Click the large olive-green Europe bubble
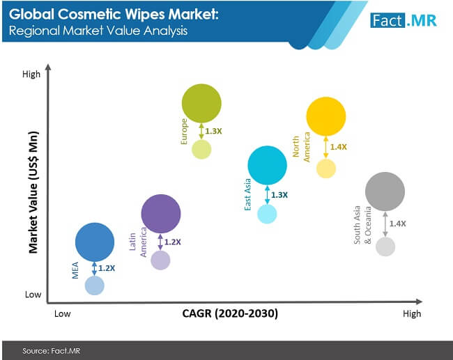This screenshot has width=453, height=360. [x=201, y=103]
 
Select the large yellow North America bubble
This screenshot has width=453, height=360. [x=326, y=116]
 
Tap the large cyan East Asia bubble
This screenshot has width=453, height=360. [x=267, y=165]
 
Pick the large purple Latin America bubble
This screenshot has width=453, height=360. [x=161, y=213]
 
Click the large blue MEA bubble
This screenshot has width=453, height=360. [x=95, y=242]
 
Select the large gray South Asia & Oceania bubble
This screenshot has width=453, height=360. [x=385, y=191]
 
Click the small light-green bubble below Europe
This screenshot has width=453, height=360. [x=201, y=149]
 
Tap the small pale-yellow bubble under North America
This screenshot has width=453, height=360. [x=326, y=169]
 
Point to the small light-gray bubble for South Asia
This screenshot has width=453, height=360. [x=385, y=246]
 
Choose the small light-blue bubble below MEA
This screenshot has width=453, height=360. [x=95, y=285]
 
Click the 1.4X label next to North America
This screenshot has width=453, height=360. [x=338, y=147]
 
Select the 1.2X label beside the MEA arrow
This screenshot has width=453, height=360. [x=107, y=268]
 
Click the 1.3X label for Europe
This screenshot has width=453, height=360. [x=213, y=130]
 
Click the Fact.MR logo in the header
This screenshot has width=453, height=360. [x=404, y=20]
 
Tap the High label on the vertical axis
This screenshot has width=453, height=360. [x=31, y=73]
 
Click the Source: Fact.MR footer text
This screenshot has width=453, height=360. [x=51, y=350]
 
